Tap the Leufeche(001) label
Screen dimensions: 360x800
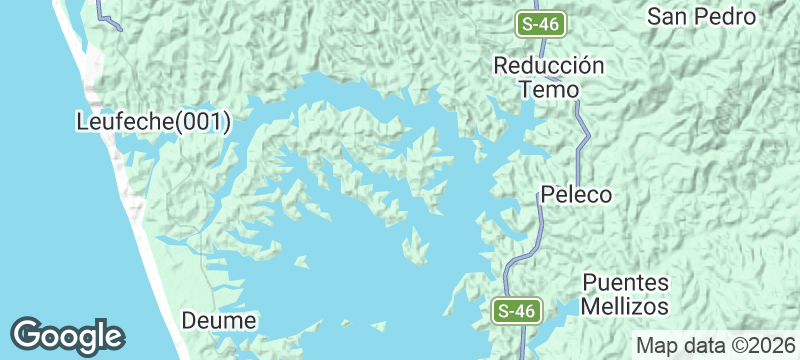(154, 123)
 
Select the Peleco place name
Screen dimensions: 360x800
(576, 195)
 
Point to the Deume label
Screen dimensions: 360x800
(220, 321)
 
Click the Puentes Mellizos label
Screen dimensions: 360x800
(626, 294)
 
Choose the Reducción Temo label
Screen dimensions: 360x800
(549, 77)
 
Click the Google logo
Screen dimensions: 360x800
(67, 335)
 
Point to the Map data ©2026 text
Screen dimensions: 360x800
(713, 346)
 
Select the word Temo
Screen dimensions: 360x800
(549, 89)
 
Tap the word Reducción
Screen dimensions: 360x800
(549, 65)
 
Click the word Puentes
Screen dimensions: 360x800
(626, 282)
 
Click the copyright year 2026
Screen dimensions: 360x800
(769, 346)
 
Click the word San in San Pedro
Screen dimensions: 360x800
(666, 16)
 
